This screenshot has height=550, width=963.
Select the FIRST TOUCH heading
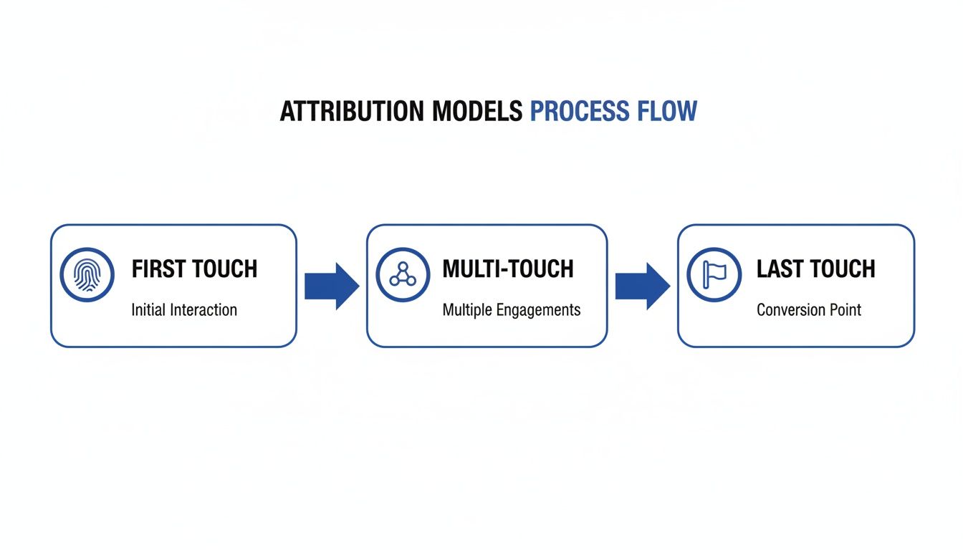coord(194,269)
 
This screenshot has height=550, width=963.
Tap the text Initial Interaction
coord(184,310)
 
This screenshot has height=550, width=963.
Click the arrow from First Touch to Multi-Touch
coord(331,286)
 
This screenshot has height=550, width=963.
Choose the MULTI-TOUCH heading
coord(508,269)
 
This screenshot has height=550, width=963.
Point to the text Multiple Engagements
coord(512,310)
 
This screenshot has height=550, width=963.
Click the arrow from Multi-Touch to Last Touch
coord(642,286)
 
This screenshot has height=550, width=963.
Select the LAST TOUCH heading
coord(816,269)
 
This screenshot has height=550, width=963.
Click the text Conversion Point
coord(809,310)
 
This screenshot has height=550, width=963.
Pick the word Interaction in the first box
coord(204,310)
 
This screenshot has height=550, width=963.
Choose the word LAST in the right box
coord(777,269)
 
